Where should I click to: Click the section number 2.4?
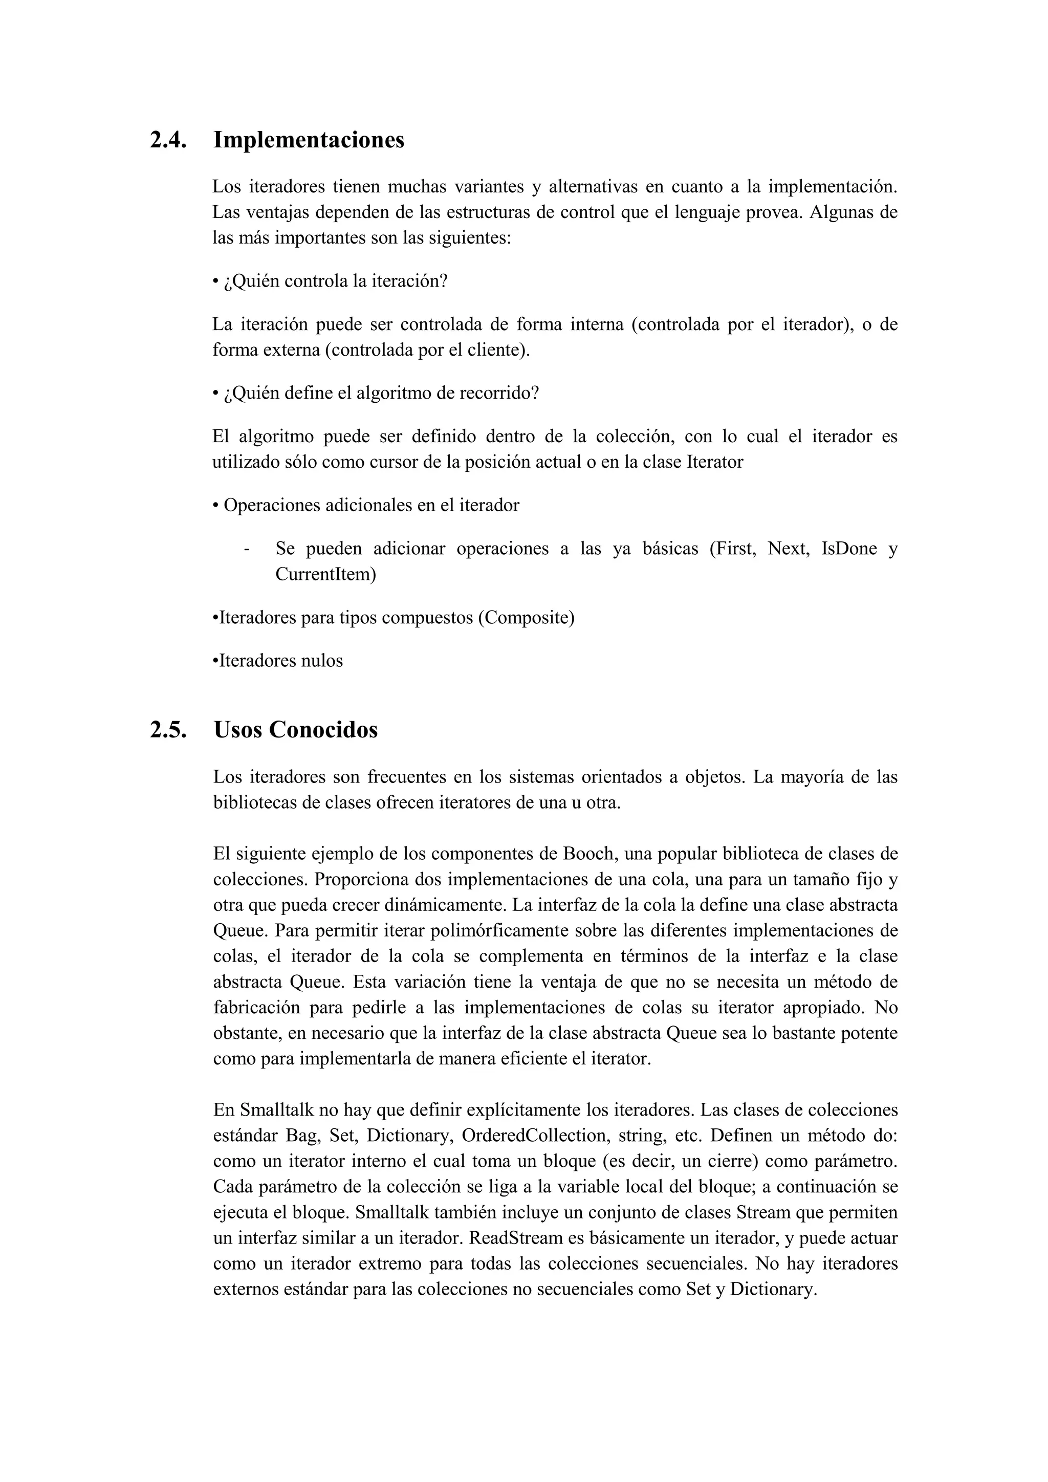[168, 140]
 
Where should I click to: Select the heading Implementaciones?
[309, 140]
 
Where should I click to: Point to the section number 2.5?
[168, 730]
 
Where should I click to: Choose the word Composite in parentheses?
[526, 618]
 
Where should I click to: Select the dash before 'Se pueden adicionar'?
[247, 549]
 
